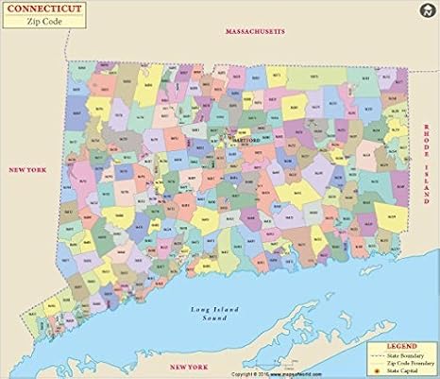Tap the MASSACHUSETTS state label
[x=255, y=31]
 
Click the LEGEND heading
[x=398, y=347]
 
